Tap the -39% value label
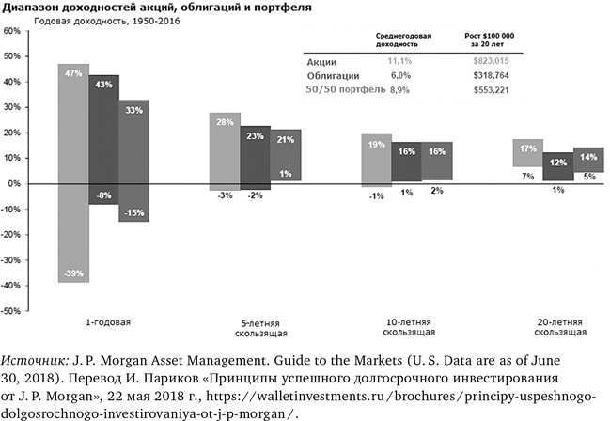coord(72,273)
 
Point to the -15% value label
coord(133,212)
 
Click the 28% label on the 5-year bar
coord(224,122)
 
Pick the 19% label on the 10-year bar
coord(377,145)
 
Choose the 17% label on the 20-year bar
coord(527,148)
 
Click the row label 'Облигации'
coord(332,74)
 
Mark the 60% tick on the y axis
coord(12,30)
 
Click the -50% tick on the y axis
coord(12,309)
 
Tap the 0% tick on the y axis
coord(15,183)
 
